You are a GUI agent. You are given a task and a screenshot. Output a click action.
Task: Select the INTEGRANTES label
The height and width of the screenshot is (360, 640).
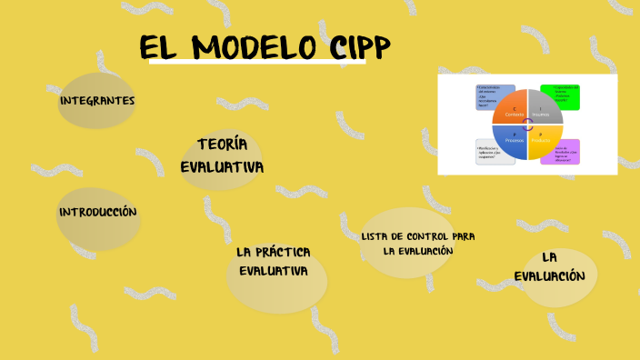(x=96, y=100)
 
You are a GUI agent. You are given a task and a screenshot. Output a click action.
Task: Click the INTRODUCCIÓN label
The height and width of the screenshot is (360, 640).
(x=97, y=213)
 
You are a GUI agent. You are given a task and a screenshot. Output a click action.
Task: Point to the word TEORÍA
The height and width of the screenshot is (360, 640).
(x=222, y=145)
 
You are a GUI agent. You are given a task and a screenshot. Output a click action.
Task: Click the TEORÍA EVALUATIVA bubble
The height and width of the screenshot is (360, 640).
(x=221, y=156)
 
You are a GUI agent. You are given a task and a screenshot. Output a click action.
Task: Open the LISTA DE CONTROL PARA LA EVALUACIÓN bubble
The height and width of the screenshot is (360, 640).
(x=417, y=244)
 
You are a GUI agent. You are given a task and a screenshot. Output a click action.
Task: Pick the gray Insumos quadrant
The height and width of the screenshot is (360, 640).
(x=544, y=108)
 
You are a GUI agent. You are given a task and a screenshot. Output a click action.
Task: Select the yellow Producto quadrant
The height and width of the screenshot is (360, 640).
(x=544, y=139)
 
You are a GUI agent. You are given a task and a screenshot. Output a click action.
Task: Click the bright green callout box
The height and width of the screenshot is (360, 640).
(x=559, y=95)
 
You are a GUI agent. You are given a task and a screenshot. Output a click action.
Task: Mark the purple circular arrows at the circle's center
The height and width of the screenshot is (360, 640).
(x=527, y=125)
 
